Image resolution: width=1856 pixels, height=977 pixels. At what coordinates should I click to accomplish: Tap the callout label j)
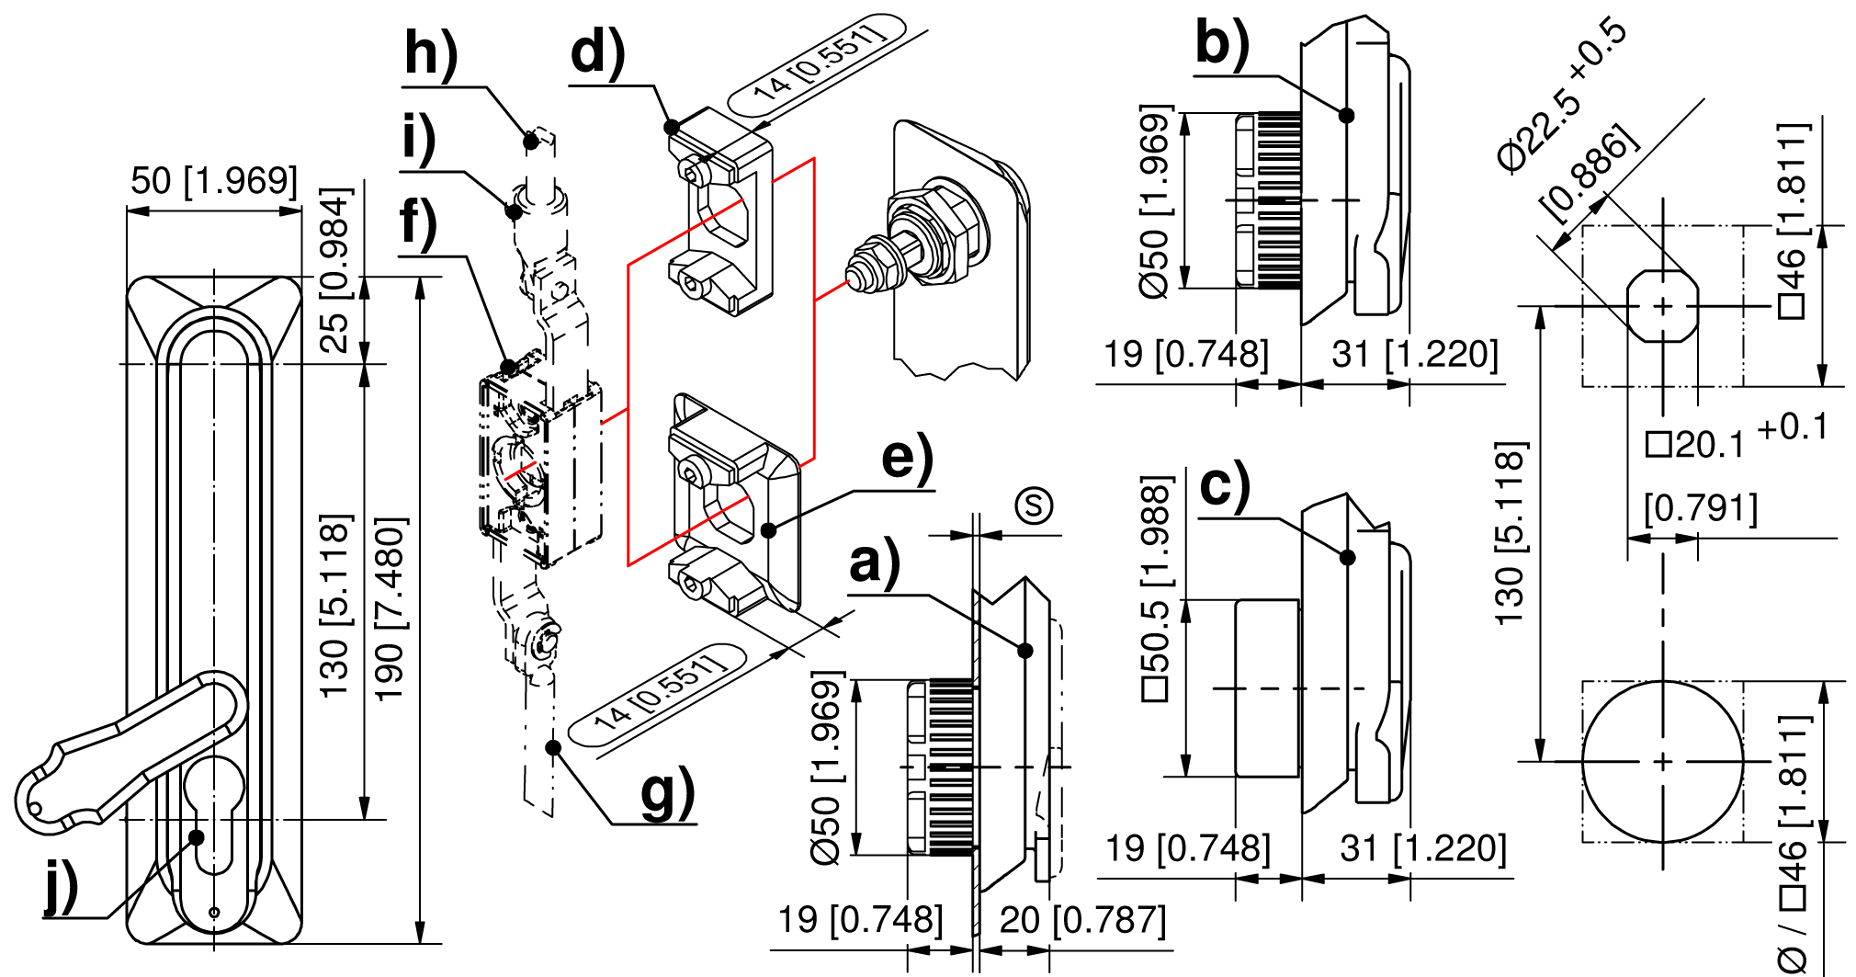[x=62, y=887]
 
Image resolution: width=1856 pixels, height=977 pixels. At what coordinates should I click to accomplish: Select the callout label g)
[x=667, y=792]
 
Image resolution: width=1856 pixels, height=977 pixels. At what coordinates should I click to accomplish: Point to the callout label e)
[x=906, y=457]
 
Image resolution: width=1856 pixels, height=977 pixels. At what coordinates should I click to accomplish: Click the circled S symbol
[x=1034, y=506]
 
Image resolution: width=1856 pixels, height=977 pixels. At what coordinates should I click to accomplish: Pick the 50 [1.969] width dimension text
[x=214, y=181]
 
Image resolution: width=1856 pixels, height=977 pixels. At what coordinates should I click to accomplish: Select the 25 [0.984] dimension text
[x=335, y=270]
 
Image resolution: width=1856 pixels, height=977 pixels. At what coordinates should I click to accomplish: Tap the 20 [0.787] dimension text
[x=1082, y=920]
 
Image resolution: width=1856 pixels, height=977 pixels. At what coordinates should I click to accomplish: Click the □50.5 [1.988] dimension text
[x=1156, y=588]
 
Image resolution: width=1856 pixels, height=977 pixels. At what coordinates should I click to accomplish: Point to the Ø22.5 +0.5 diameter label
[x=1562, y=92]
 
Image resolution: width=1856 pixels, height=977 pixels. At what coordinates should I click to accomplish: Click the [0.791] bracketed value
[x=1701, y=507]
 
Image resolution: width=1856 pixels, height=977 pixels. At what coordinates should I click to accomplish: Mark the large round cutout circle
[x=1662, y=761]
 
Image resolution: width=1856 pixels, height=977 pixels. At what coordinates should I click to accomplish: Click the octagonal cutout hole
[x=1662, y=306]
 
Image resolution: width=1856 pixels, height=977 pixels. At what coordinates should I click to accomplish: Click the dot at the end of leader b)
[x=1347, y=115]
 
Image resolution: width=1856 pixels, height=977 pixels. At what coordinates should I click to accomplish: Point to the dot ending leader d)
[x=673, y=127]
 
